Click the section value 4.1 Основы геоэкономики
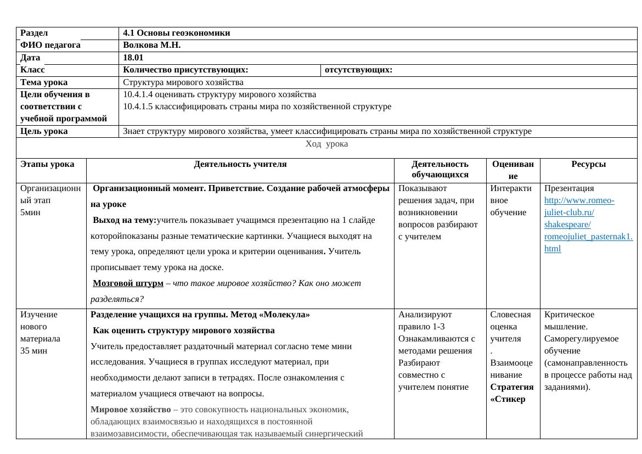click(176, 33)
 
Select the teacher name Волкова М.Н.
click(151, 45)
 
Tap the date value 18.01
click(133, 58)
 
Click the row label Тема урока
click(44, 82)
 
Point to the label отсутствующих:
click(358, 70)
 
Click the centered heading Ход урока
click(326, 144)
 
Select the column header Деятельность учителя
click(240, 164)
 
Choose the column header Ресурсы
click(588, 164)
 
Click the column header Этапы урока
click(47, 164)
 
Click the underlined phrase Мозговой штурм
click(128, 283)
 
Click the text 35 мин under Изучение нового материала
click(34, 351)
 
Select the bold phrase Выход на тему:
click(125, 220)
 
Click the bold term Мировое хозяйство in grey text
click(131, 410)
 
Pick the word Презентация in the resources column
click(569, 188)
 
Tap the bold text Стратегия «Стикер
click(511, 393)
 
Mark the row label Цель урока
click(44, 131)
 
